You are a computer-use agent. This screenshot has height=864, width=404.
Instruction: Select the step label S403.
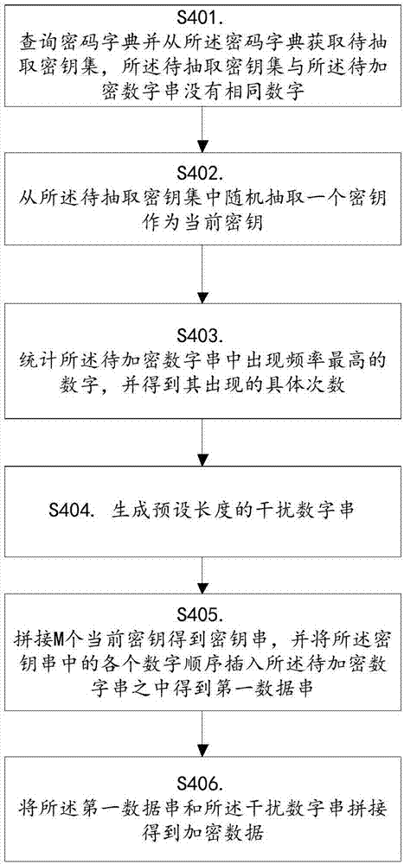click(x=202, y=336)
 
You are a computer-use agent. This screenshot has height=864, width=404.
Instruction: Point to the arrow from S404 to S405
click(x=202, y=578)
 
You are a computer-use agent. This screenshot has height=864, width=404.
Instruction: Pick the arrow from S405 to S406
click(x=202, y=735)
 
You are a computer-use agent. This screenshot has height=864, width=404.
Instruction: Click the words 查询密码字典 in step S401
click(x=67, y=43)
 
